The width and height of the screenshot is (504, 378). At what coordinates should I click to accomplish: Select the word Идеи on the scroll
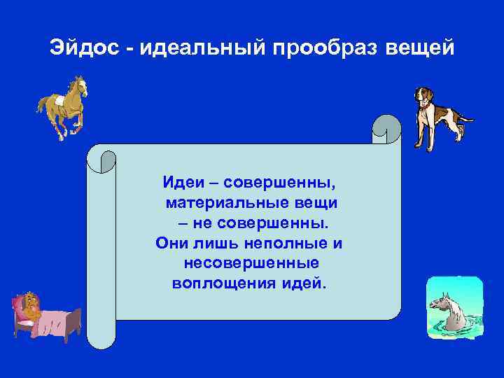pos(183,183)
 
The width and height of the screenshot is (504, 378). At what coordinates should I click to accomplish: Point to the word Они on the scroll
pos(170,244)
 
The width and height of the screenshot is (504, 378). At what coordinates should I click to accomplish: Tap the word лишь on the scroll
pos(217,244)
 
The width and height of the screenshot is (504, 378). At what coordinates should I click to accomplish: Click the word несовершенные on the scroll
pos(251,265)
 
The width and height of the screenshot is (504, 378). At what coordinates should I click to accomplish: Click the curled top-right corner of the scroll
pos(386,129)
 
